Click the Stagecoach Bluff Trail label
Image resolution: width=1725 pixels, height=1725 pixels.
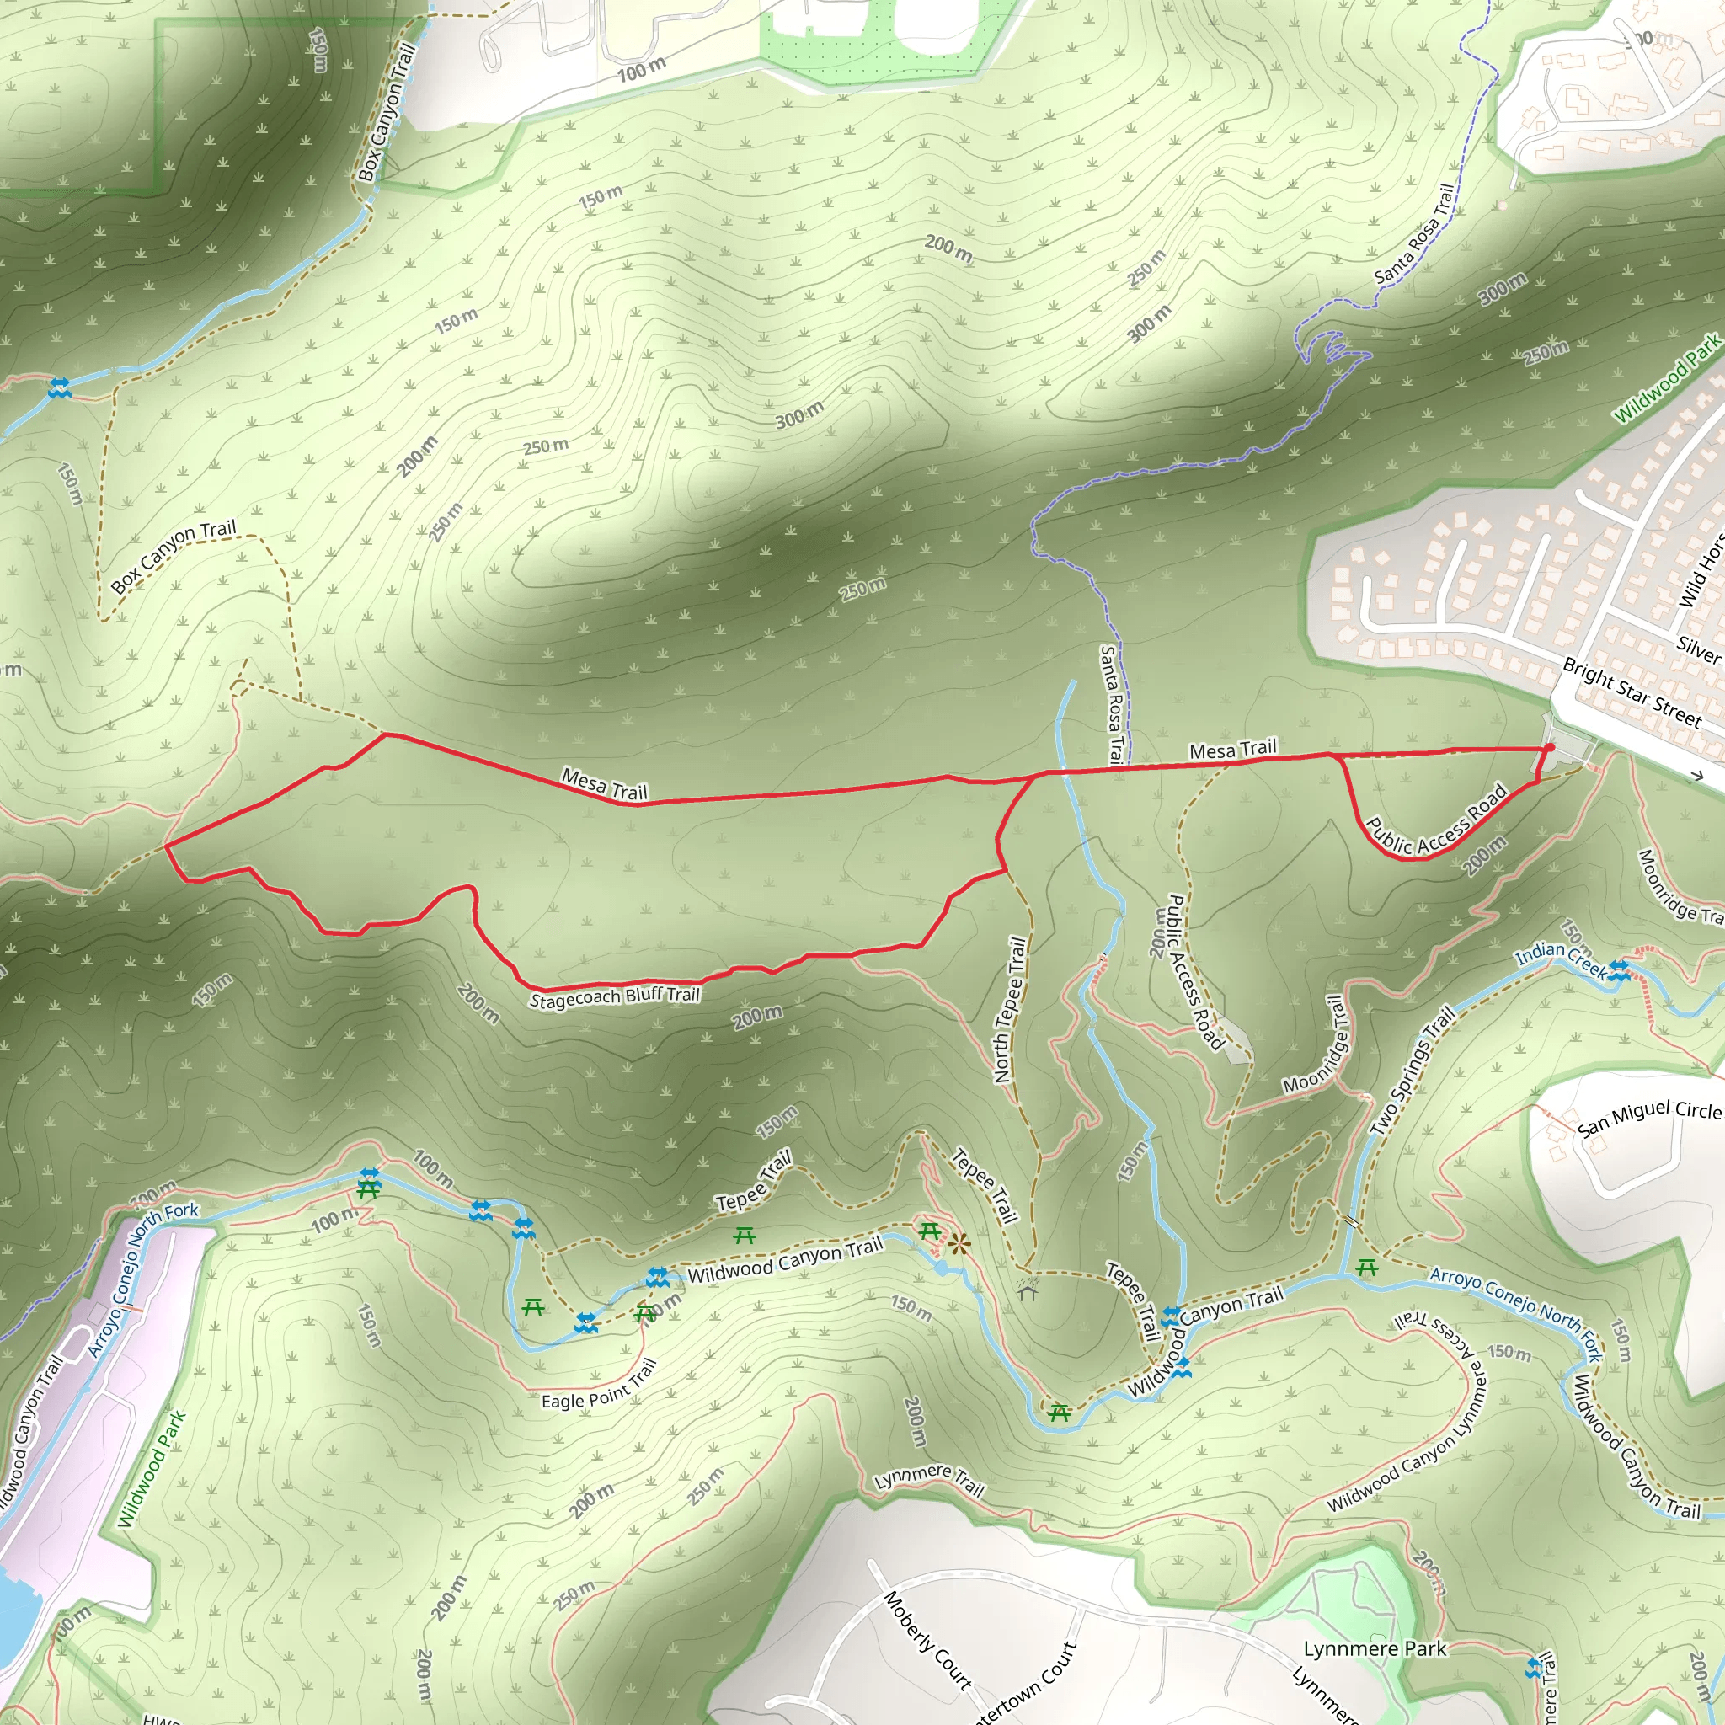pyautogui.click(x=614, y=997)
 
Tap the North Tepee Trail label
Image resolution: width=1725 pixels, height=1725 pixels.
pyautogui.click(x=1010, y=1010)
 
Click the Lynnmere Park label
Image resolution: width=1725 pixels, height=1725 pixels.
pyautogui.click(x=1374, y=1648)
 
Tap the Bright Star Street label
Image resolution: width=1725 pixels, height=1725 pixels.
pyautogui.click(x=1632, y=692)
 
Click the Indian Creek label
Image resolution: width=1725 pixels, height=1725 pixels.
pyautogui.click(x=1561, y=958)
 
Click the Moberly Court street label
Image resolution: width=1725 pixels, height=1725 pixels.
pyautogui.click(x=927, y=1640)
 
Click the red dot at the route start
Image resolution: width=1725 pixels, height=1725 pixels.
pyautogui.click(x=1550, y=747)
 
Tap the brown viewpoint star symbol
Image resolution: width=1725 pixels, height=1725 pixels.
pyautogui.click(x=959, y=1244)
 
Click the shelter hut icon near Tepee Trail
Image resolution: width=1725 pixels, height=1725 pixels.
pyautogui.click(x=1027, y=1290)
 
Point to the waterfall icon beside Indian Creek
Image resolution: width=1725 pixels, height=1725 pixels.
pyautogui.click(x=1620, y=970)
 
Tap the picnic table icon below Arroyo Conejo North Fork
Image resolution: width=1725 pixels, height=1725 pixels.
pyautogui.click(x=1366, y=1267)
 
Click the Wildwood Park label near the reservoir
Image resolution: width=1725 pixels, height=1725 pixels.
pyautogui.click(x=151, y=1469)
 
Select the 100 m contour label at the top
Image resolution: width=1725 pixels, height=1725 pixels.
pyautogui.click(x=641, y=70)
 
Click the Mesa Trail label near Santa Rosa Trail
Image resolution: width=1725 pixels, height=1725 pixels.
pyautogui.click(x=1233, y=749)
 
